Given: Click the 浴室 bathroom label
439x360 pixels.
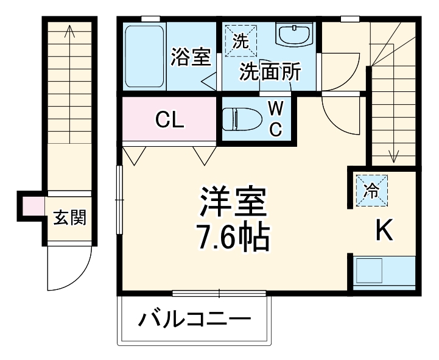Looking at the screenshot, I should (x=191, y=58).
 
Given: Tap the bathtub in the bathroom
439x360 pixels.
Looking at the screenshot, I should (x=144, y=56).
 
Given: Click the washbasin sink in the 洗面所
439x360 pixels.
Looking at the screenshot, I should (x=293, y=35).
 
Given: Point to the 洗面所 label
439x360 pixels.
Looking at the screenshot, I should (x=269, y=72).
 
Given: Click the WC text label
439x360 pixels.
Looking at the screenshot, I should (x=276, y=119).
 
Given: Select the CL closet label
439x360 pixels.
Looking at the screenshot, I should (x=169, y=120).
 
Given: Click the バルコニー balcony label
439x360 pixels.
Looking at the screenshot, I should (x=194, y=319).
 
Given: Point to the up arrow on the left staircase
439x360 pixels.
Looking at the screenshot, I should (x=70, y=34).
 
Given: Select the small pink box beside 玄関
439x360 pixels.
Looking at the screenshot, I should (x=33, y=207).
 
